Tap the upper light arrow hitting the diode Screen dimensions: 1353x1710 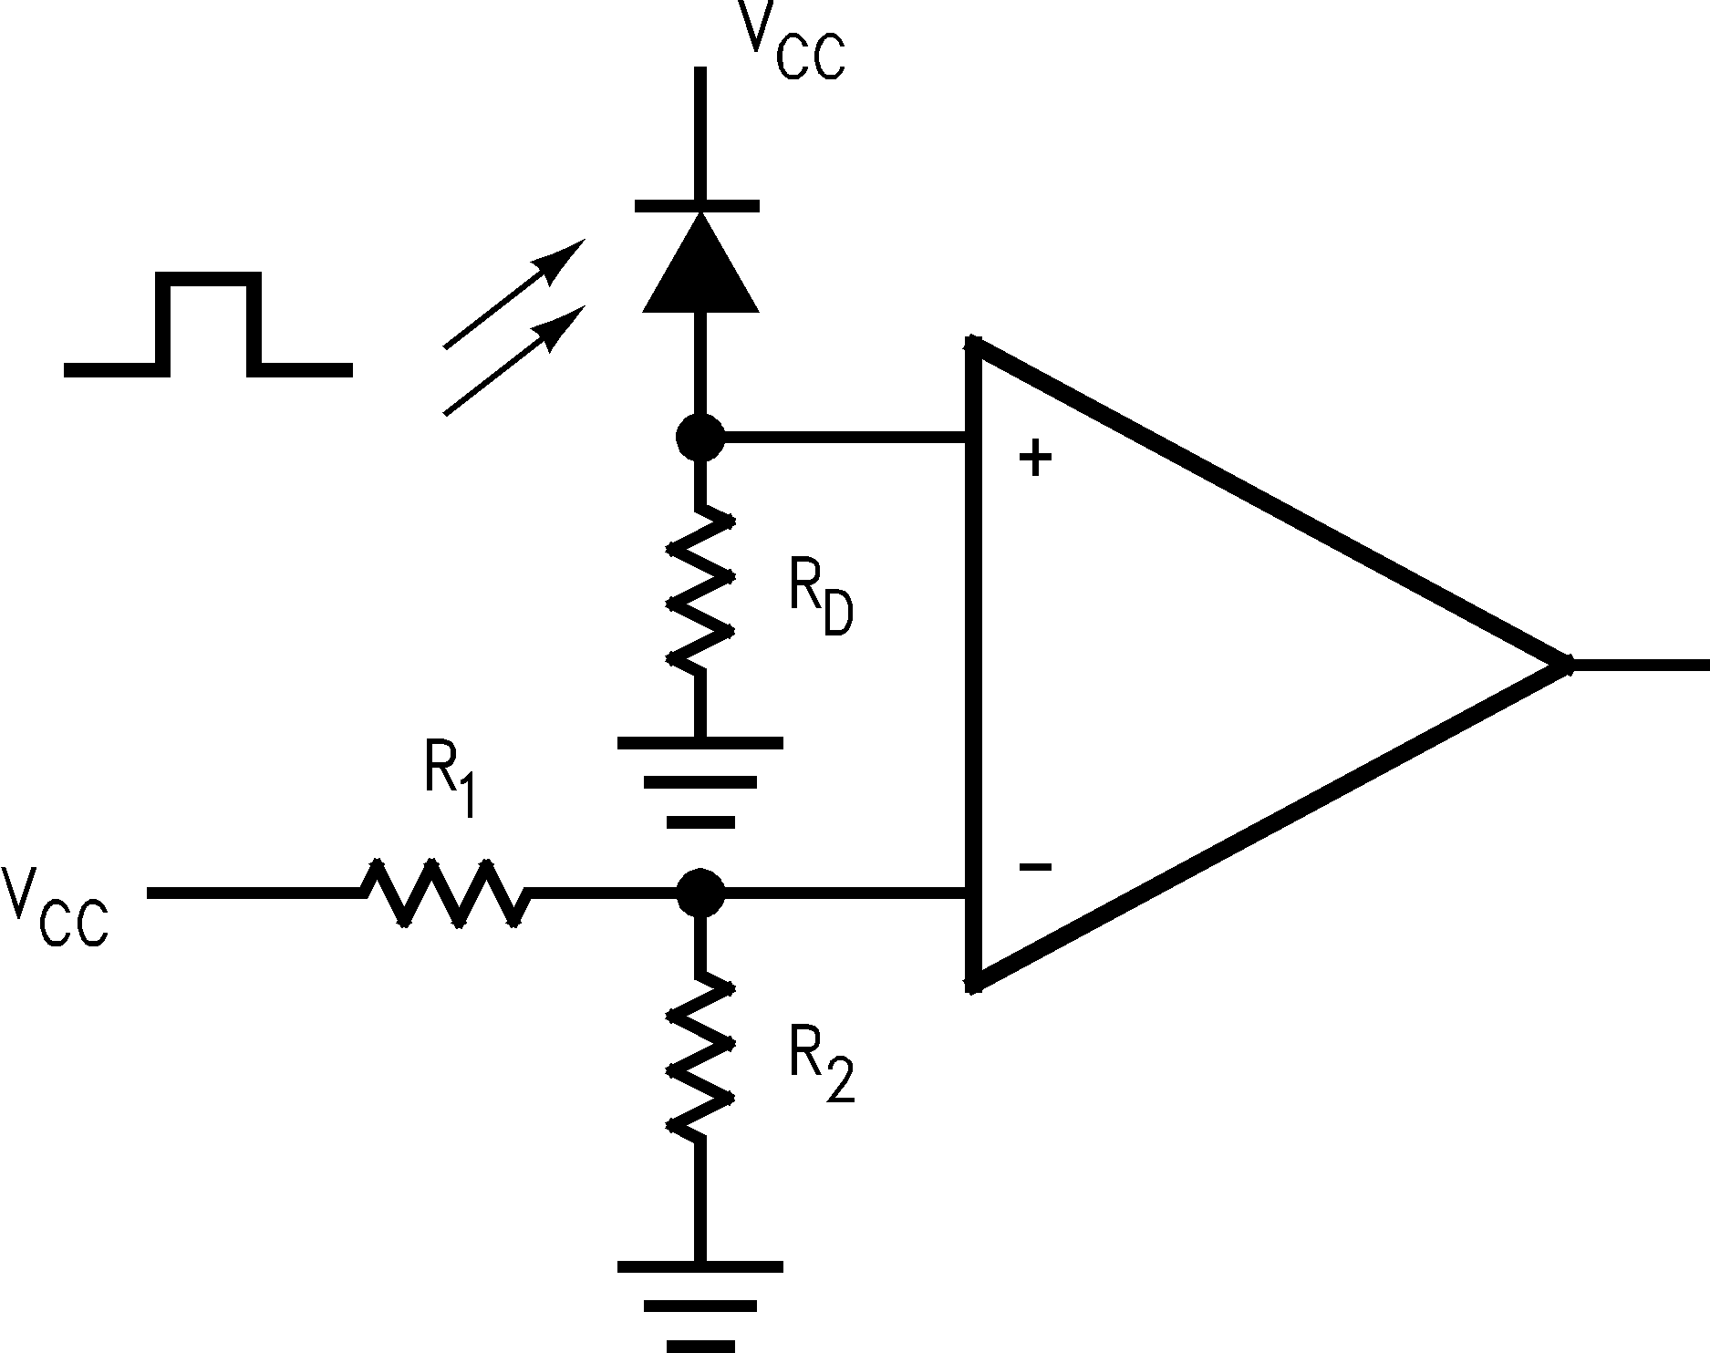pos(513,294)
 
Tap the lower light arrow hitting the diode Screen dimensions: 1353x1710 pos(513,361)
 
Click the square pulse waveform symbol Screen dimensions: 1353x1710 pos(208,325)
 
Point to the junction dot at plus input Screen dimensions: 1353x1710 pos(700,439)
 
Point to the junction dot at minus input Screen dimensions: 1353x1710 pos(700,892)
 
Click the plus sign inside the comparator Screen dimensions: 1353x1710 pos(1035,459)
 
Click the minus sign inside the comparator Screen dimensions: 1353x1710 pos(1035,866)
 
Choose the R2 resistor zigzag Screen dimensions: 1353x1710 pos(700,1058)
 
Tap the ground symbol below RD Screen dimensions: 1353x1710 pos(700,781)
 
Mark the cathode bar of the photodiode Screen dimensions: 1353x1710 pos(697,206)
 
